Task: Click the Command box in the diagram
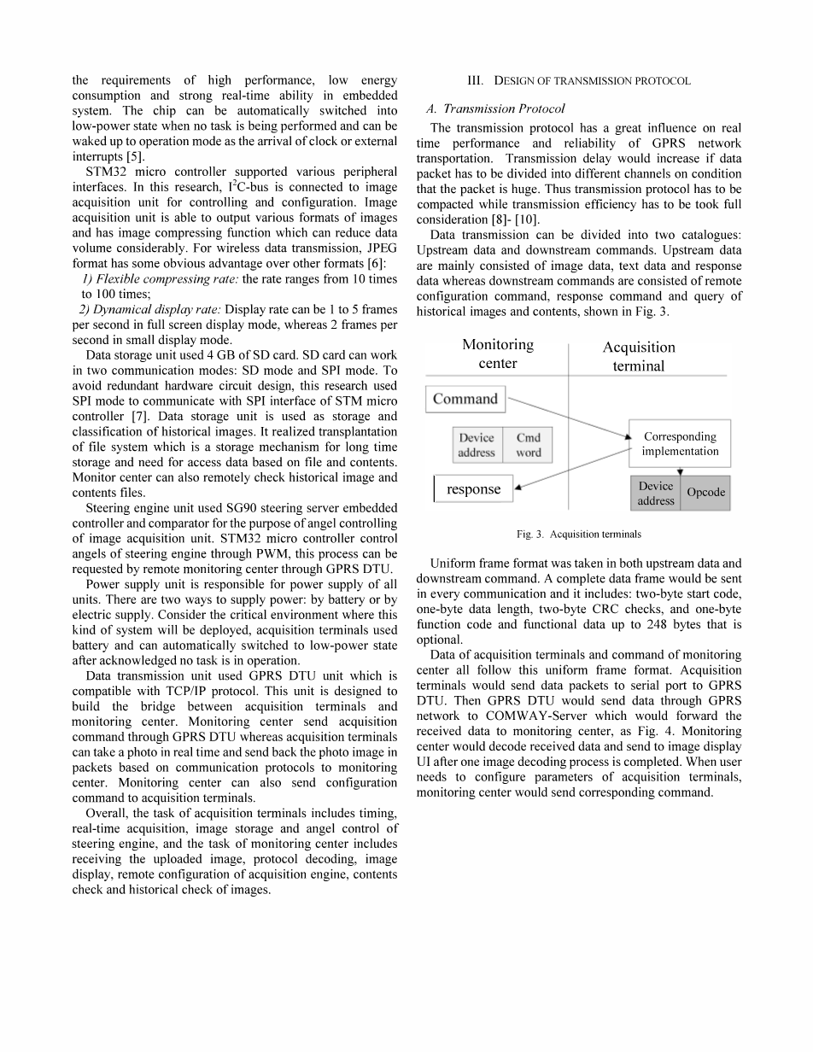tap(465, 399)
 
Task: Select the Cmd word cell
tap(528, 445)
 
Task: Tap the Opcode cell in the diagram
tap(705, 493)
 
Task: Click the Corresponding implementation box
tap(680, 443)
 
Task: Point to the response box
tap(474, 489)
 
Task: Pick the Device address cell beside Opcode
tap(656, 493)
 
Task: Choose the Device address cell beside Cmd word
tap(477, 445)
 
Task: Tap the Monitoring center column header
tap(497, 354)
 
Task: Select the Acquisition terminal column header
tap(638, 356)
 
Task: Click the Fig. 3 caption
tap(578, 534)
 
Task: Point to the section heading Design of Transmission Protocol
tap(579, 81)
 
